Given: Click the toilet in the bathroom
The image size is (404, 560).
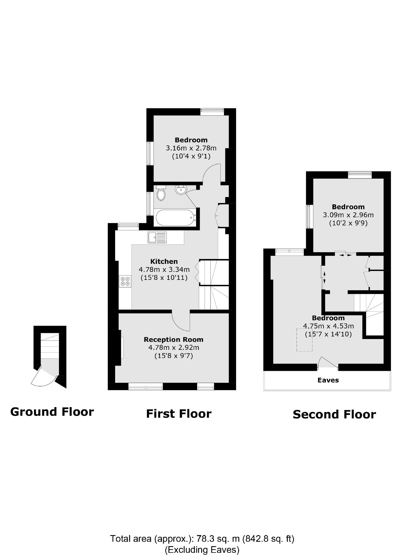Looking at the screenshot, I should (x=161, y=193).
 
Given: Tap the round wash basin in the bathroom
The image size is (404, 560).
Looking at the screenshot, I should (x=181, y=190).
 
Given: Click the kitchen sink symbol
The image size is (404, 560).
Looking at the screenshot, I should (x=157, y=237).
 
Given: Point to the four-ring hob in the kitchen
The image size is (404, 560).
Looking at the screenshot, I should (x=125, y=281).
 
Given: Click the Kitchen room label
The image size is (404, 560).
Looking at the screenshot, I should (x=164, y=261).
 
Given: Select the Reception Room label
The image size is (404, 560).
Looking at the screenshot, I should (x=173, y=340).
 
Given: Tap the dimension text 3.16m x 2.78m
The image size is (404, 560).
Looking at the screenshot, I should (x=191, y=148).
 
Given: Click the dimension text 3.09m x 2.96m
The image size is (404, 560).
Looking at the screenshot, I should (x=348, y=215).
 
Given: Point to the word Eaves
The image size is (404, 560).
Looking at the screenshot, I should (x=328, y=380).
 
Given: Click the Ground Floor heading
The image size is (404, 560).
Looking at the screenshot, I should (x=52, y=412).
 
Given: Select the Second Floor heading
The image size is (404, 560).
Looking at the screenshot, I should (x=334, y=415).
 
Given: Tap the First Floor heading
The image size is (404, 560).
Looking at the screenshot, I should (x=179, y=414).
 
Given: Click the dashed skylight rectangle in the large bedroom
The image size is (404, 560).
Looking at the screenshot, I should (x=304, y=340).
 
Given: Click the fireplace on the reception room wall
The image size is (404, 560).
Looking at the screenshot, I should (x=122, y=348).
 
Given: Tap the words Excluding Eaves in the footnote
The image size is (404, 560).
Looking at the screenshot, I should (x=202, y=549).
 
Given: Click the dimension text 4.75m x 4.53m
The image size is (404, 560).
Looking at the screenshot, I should (x=328, y=326).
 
